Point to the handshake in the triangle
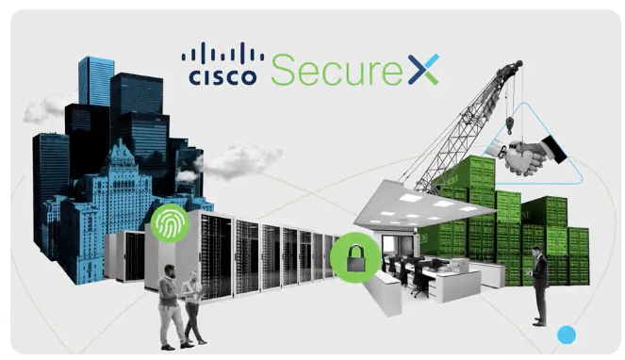(528, 154)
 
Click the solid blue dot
(566, 334)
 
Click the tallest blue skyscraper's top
(95, 66)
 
